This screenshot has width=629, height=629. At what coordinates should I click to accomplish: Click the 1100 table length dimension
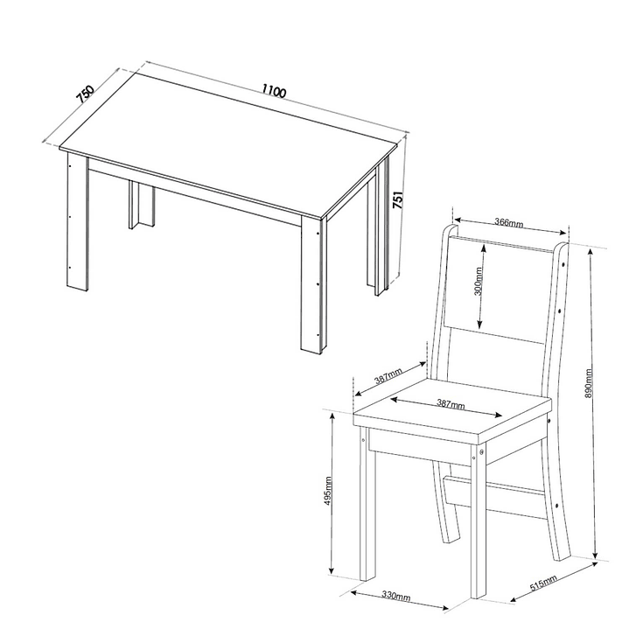coord(274,91)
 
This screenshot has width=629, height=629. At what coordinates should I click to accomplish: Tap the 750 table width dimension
coord(85,94)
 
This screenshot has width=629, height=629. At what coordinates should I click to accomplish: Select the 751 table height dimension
coord(397,199)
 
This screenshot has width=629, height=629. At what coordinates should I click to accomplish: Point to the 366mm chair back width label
coord(508,222)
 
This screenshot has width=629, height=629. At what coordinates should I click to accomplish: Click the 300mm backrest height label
coord(479,281)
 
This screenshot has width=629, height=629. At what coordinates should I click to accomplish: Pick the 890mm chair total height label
coord(589,383)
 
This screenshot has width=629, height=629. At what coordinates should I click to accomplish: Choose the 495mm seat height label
coord(328,491)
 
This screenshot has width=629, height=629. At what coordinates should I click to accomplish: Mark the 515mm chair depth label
coord(543,583)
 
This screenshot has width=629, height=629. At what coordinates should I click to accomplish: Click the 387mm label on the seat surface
coord(450,404)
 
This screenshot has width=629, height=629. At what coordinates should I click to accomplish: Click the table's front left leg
coord(77,222)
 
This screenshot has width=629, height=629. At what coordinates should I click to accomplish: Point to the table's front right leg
coord(314,285)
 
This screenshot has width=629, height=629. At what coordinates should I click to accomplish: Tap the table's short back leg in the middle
coord(142,205)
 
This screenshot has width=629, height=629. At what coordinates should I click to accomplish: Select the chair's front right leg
coord(479,521)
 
